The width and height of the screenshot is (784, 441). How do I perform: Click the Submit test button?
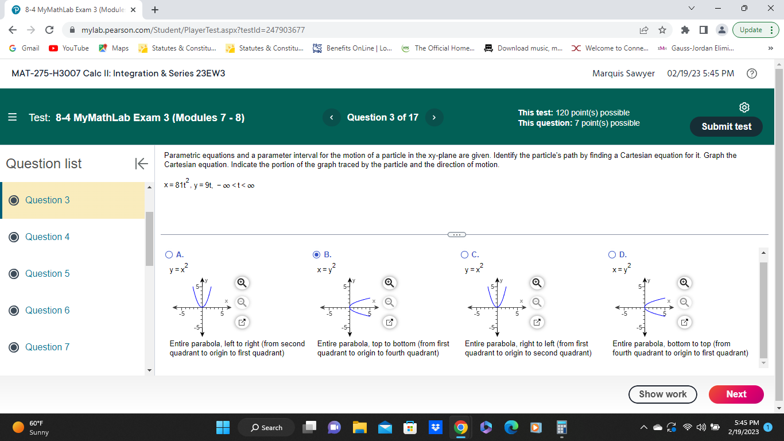[x=726, y=126]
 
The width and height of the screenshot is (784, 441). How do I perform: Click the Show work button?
[x=663, y=394]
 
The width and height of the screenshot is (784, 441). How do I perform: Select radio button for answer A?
[x=169, y=254]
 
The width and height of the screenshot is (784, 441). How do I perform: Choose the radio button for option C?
[x=464, y=254]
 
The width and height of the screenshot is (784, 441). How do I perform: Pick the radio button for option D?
[x=612, y=254]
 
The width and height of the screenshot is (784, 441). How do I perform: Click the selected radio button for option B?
[x=317, y=254]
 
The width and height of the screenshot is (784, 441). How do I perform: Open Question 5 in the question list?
[x=47, y=273]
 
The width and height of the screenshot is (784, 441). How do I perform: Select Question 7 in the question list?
[x=47, y=347]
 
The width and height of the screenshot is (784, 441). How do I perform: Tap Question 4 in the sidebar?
[x=47, y=237]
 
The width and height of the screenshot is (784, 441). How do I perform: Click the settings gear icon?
[x=744, y=107]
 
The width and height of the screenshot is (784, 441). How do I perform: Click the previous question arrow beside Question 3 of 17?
[x=331, y=117]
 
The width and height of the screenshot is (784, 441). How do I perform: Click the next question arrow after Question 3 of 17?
[x=434, y=117]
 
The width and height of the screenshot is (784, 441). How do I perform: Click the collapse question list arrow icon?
[x=141, y=164]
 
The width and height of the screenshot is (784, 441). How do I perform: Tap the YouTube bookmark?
[x=69, y=48]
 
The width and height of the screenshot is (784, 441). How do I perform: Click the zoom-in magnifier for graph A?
[x=242, y=282]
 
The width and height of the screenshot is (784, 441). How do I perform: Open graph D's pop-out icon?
[x=684, y=322]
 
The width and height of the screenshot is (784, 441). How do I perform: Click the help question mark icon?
[x=752, y=73]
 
